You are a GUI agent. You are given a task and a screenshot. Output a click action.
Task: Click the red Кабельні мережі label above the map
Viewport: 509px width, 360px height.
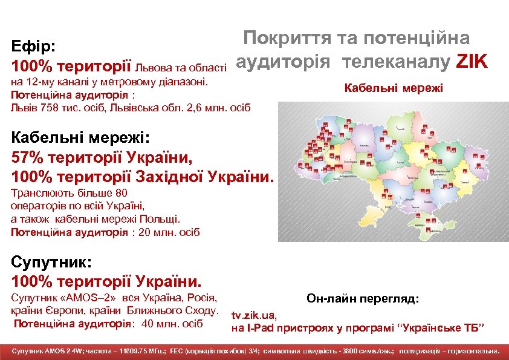(x=394, y=88)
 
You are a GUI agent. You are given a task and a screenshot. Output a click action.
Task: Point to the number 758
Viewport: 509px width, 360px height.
(x=47, y=107)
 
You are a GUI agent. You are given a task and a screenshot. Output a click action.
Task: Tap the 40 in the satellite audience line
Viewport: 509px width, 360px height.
(x=147, y=323)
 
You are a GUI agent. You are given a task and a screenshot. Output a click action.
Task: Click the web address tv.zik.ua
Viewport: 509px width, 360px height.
(x=254, y=315)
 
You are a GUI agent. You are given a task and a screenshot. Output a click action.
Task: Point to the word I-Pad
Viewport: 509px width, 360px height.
(x=257, y=329)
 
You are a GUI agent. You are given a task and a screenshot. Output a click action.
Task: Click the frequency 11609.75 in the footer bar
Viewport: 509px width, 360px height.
(x=137, y=351)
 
